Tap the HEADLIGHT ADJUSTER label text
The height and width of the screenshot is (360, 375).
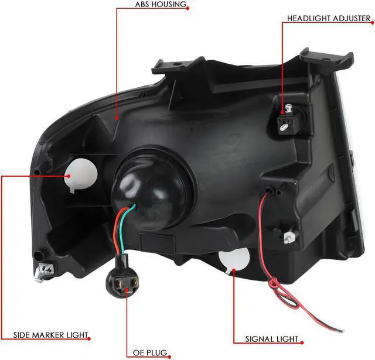click(x=329, y=18)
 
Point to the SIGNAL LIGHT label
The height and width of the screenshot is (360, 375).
click(x=271, y=339)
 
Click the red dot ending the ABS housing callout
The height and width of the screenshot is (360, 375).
click(x=118, y=118)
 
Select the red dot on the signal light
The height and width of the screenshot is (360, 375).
click(x=233, y=270)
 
